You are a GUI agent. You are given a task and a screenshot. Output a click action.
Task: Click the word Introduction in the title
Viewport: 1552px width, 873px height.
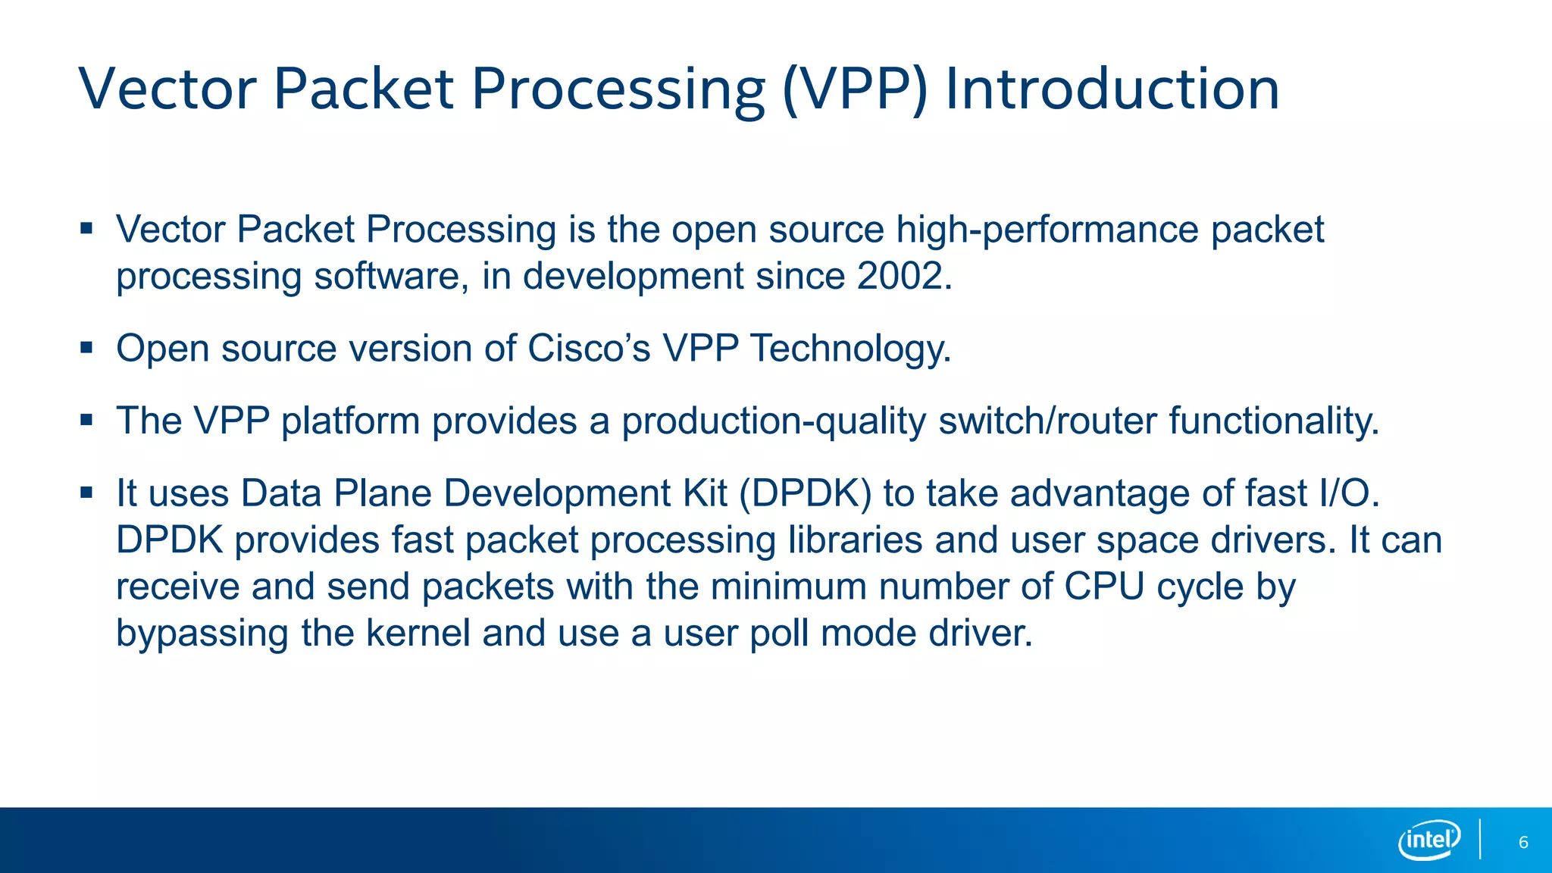(1112, 89)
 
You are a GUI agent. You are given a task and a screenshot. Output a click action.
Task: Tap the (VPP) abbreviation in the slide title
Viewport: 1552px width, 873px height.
(854, 89)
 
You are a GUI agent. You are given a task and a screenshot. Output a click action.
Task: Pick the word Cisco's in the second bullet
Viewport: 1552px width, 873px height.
(589, 349)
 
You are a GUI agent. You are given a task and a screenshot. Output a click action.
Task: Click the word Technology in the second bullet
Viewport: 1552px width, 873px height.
(846, 349)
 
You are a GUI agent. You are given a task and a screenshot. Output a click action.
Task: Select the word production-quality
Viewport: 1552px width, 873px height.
(774, 421)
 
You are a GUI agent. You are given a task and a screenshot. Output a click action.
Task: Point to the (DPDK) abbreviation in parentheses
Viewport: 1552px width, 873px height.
(805, 494)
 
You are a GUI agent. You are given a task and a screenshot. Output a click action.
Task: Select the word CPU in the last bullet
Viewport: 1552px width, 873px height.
(1103, 587)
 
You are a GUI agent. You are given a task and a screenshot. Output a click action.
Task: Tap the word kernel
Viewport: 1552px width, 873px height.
(418, 634)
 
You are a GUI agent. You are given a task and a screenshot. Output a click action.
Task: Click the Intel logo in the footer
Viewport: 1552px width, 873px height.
(1428, 840)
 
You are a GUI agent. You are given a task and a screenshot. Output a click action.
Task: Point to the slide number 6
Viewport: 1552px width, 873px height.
(1523, 843)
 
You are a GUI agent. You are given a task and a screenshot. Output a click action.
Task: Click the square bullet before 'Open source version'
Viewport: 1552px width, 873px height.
(86, 348)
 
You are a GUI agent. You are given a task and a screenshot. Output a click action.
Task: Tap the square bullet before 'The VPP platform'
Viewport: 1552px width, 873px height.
(86, 420)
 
